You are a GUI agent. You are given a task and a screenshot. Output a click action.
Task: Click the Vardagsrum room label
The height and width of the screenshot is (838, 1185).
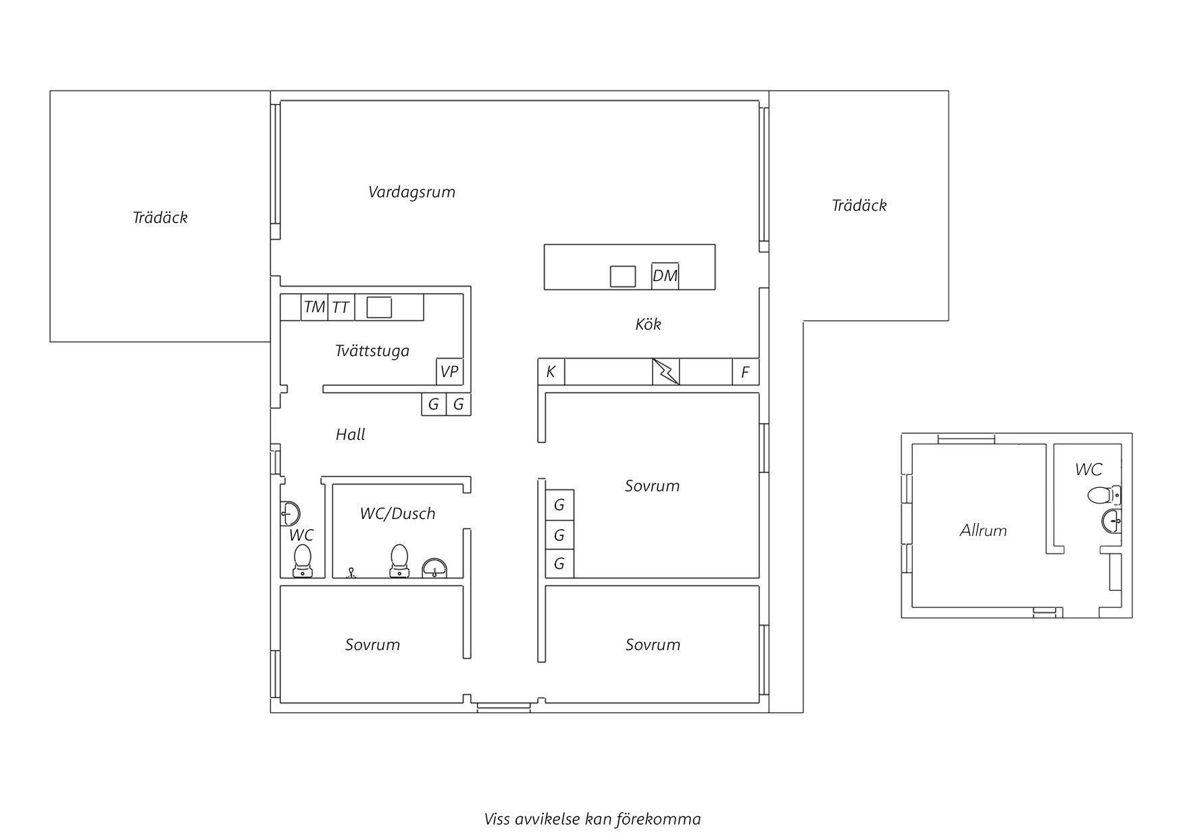click(x=411, y=192)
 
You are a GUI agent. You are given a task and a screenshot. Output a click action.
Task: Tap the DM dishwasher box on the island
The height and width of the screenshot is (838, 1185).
click(x=665, y=276)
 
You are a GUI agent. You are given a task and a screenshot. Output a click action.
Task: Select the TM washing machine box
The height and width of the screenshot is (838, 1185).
click(x=314, y=307)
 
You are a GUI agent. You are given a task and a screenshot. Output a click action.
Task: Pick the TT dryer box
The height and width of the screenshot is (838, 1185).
click(x=341, y=307)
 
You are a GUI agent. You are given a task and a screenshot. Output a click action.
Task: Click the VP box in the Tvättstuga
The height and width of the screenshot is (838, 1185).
click(x=449, y=372)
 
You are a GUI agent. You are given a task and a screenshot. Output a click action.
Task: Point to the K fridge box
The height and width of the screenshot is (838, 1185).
click(x=551, y=372)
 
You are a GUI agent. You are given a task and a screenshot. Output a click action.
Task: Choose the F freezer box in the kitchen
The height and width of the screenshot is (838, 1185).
click(x=745, y=372)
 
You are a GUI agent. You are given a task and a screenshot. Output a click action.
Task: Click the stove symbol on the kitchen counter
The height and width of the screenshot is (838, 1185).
click(x=665, y=372)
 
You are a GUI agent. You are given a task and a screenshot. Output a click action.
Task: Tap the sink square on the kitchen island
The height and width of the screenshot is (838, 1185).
click(x=622, y=276)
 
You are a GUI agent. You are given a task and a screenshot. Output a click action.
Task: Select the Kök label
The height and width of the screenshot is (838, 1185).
click(x=648, y=324)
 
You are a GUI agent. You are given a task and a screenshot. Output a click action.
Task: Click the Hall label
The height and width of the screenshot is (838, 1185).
click(x=350, y=435)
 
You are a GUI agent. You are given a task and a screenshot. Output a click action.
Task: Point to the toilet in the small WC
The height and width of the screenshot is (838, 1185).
click(x=302, y=562)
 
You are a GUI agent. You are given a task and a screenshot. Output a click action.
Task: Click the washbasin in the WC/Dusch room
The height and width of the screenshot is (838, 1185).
click(x=434, y=568)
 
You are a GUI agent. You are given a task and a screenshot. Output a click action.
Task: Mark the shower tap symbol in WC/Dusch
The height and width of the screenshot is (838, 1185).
click(x=351, y=573)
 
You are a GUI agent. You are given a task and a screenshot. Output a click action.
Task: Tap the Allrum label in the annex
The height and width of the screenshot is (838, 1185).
click(x=983, y=531)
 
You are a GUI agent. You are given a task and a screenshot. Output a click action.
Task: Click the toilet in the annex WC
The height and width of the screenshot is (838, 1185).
click(x=1104, y=495)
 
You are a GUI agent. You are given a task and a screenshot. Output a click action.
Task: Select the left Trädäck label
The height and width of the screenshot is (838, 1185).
click(x=160, y=218)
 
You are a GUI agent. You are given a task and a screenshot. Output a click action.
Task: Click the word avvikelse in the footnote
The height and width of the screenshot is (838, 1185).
click(x=548, y=820)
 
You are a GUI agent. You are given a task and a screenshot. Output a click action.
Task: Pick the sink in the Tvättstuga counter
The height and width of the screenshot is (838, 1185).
click(x=379, y=307)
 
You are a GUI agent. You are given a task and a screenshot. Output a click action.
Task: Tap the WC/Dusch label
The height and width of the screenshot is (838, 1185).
click(x=397, y=514)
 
